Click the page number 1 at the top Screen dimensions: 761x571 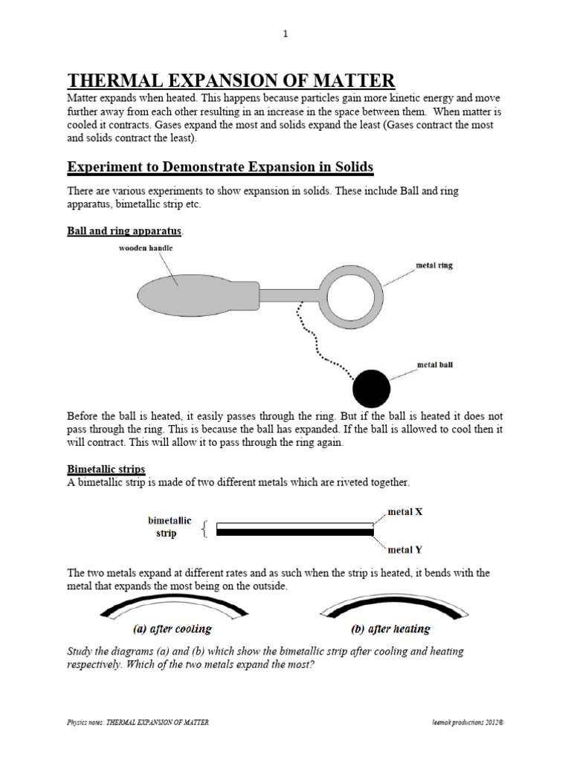click(285, 33)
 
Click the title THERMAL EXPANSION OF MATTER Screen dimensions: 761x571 click(231, 80)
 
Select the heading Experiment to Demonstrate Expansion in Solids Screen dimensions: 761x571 click(219, 166)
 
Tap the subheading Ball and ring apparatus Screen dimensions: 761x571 click(124, 230)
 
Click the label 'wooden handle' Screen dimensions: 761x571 click(146, 247)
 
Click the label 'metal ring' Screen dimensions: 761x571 click(434, 265)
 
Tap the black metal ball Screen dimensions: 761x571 click(371, 387)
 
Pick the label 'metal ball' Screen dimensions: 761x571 click(435, 365)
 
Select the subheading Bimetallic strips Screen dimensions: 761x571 click(106, 469)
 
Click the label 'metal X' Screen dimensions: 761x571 click(406, 512)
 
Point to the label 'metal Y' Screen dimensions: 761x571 click(406, 550)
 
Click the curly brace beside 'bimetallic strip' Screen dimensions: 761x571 click(205, 528)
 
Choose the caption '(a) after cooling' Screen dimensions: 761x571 click(172, 629)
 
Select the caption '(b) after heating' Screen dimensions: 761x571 click(390, 629)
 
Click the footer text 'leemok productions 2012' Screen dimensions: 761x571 click(462, 722)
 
